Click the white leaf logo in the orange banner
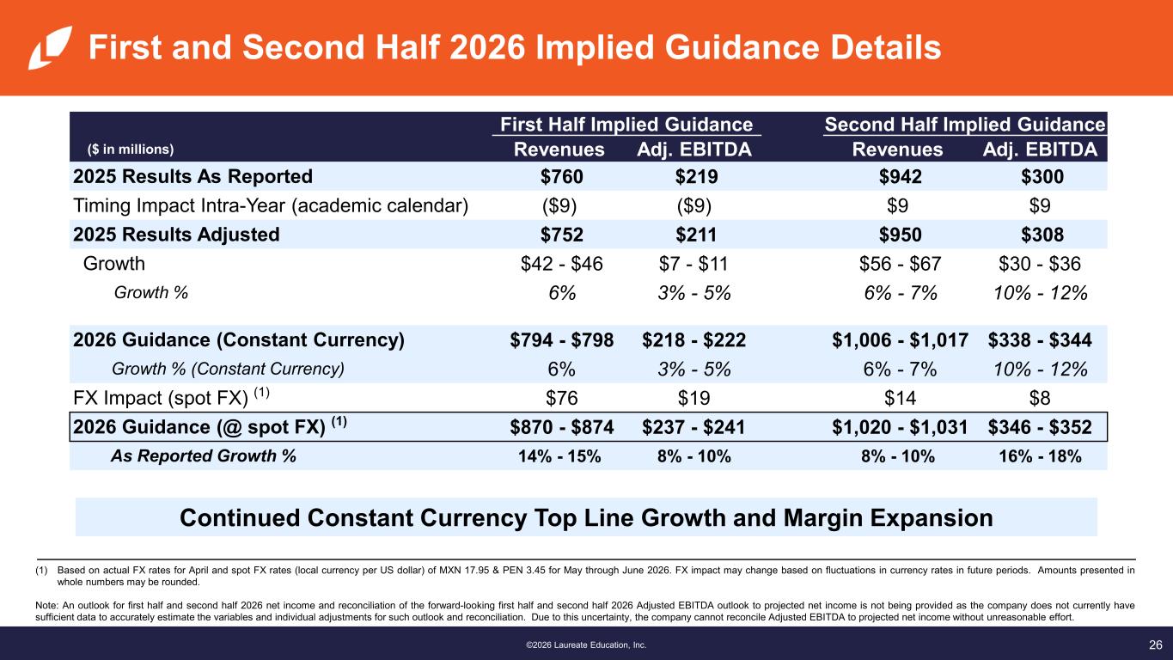coord(50,47)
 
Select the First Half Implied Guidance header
coord(626,124)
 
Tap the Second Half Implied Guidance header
coord(964,124)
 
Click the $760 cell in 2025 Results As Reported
coord(561,176)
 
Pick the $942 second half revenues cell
coord(901,176)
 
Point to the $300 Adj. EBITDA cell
coord(1042,176)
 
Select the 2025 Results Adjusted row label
coord(176,234)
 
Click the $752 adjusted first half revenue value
coord(561,234)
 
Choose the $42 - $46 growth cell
coord(561,264)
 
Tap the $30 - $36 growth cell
coord(1040,264)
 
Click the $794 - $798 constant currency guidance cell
coord(561,340)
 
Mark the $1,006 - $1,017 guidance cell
coord(901,340)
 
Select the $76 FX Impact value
coord(561,398)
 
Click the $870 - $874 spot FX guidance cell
coord(561,427)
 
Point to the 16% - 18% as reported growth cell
coord(1040,456)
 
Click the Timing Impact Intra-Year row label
coord(271,205)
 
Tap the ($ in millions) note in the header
coord(131,150)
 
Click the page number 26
coord(1155,645)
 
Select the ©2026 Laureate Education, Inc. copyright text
coord(586,645)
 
